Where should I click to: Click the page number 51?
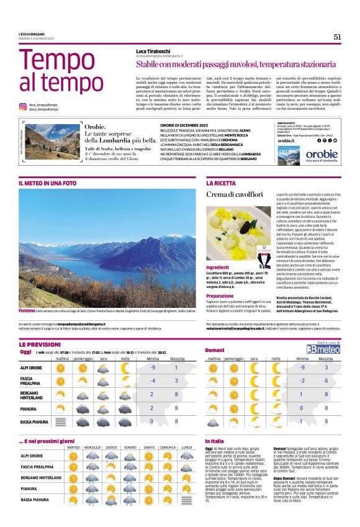[337, 37]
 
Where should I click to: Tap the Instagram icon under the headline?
[23, 107]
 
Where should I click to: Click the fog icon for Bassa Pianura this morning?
[61, 421]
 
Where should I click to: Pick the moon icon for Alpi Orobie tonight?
[125, 367]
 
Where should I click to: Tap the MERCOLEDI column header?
[92, 447]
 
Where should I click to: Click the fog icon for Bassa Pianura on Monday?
[186, 499]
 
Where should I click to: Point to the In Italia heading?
[215, 441]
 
